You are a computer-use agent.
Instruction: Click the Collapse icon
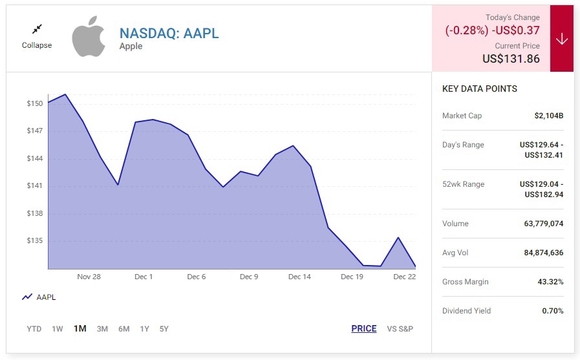click(x=37, y=29)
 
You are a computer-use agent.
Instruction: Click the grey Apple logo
click(x=88, y=37)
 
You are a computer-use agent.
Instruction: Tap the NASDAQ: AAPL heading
click(x=169, y=34)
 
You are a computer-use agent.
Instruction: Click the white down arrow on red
click(x=561, y=39)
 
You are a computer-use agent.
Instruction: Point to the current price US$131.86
click(x=511, y=59)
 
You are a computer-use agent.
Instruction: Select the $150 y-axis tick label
click(x=35, y=103)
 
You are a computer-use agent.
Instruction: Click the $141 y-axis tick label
click(x=35, y=186)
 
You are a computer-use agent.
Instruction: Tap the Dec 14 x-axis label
click(x=299, y=277)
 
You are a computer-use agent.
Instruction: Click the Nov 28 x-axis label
click(x=89, y=277)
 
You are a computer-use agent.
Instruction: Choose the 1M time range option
click(x=80, y=328)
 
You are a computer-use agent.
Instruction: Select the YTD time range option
click(x=34, y=329)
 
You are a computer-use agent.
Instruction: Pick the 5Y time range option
click(x=164, y=329)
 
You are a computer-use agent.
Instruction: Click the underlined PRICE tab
click(x=363, y=328)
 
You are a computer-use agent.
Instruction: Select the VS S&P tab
click(x=400, y=329)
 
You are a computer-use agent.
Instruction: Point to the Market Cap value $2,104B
click(x=548, y=116)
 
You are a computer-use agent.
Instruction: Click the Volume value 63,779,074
click(x=543, y=224)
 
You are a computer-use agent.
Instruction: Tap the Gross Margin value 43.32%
click(x=550, y=282)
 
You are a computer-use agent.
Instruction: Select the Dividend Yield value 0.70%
click(x=552, y=311)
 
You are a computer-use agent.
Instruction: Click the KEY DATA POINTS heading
click(x=479, y=89)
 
